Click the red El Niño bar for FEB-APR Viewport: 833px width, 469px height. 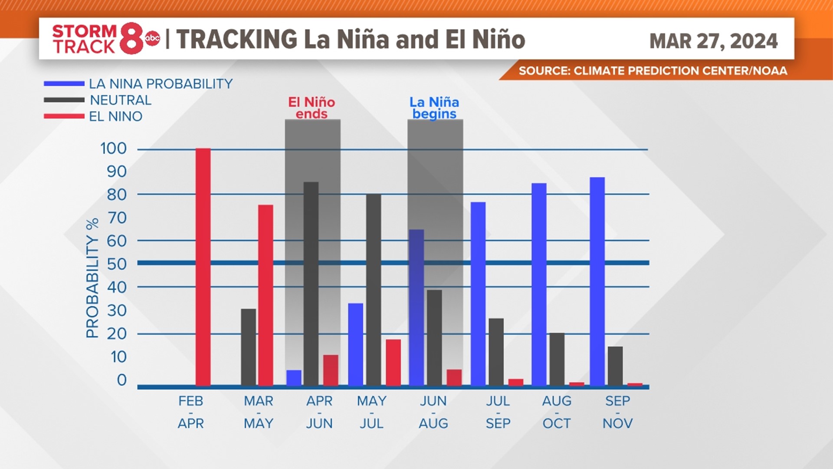coord(203,267)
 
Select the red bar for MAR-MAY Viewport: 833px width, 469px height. coord(266,295)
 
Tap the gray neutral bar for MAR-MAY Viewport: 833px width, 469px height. coord(248,347)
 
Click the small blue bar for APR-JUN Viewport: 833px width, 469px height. coord(294,378)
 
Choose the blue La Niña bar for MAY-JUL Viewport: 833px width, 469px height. coord(356,344)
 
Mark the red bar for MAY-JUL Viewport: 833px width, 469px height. coord(393,363)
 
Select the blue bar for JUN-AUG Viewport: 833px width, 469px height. coord(416,307)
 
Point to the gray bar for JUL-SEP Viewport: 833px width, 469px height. coord(496,352)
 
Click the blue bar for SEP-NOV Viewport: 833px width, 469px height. coord(597,281)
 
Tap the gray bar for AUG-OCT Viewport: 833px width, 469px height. coord(557,359)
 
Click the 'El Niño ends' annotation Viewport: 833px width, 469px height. coord(312,108)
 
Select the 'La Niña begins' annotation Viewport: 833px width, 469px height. coord(434,108)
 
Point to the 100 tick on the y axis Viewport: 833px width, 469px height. coord(113,149)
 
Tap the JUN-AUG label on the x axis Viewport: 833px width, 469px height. coord(433,412)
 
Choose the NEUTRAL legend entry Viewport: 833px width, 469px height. coord(120,100)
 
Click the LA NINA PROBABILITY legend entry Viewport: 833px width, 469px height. coord(161,84)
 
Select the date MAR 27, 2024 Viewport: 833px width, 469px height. coord(713,41)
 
